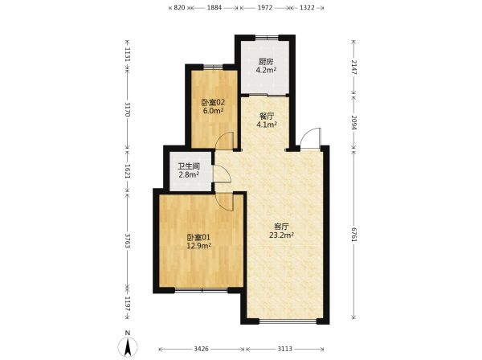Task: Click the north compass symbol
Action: pyautogui.click(x=128, y=347)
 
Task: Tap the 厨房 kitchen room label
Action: pyautogui.click(x=266, y=62)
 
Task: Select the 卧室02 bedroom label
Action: pyautogui.click(x=213, y=102)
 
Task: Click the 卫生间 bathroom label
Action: pyautogui.click(x=189, y=166)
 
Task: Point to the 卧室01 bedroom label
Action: pyautogui.click(x=199, y=237)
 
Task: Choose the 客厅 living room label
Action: pyautogui.click(x=281, y=227)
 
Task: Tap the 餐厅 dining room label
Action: pyautogui.click(x=267, y=117)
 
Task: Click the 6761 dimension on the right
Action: pyautogui.click(x=354, y=235)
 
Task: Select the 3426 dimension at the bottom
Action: pyautogui.click(x=202, y=349)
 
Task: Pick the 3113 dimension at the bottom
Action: pyautogui.click(x=285, y=349)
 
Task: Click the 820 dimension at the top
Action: pyautogui.click(x=179, y=8)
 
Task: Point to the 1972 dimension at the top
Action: pyautogui.click(x=265, y=8)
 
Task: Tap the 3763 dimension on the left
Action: pyautogui.click(x=128, y=240)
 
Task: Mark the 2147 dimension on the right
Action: pyautogui.click(x=354, y=67)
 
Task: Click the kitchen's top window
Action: pyautogui.click(x=267, y=38)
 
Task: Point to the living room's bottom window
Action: pyautogui.click(x=288, y=321)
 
